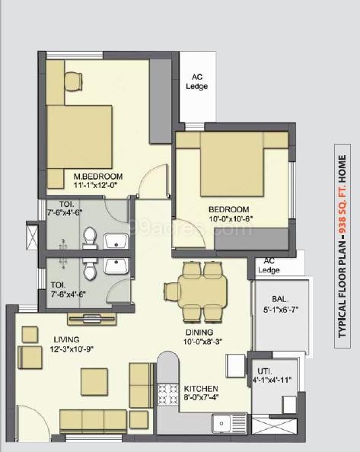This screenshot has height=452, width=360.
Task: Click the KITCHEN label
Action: (201, 388)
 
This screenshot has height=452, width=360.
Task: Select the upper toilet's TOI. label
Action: (56, 204)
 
